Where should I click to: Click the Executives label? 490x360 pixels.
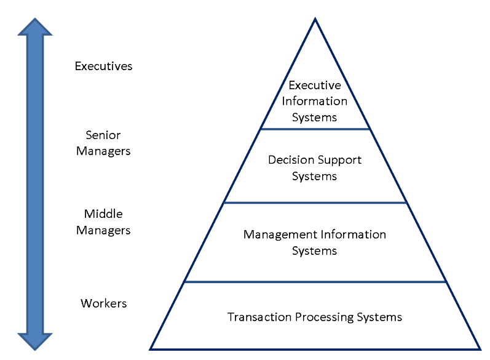click(x=103, y=66)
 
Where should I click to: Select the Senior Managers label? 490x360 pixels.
click(x=103, y=143)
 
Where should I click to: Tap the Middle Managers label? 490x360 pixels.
click(x=103, y=222)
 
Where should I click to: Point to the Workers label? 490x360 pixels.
click(x=103, y=303)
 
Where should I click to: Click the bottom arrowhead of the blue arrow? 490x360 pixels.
click(x=35, y=340)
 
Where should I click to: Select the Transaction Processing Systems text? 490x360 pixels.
click(x=314, y=318)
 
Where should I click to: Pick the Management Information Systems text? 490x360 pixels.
click(x=314, y=242)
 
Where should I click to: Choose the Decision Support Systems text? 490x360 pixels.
click(x=314, y=168)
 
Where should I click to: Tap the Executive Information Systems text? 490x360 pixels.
click(x=314, y=101)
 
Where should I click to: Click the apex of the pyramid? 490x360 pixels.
click(x=315, y=19)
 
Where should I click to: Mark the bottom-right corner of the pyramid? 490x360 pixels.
click(x=479, y=348)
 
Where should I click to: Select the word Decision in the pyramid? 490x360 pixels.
click(x=290, y=160)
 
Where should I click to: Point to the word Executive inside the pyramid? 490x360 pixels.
click(x=314, y=86)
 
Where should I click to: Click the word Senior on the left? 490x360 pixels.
click(x=103, y=135)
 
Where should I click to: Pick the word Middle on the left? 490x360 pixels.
click(x=103, y=214)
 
